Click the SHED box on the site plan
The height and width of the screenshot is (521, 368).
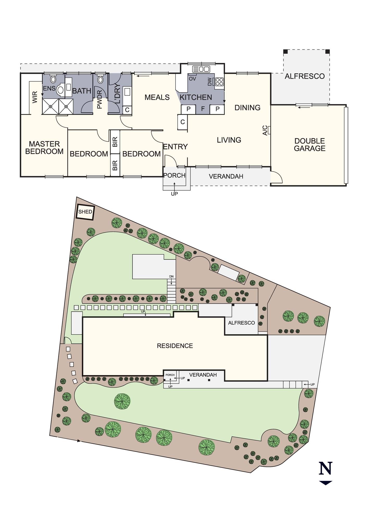coord(85,212)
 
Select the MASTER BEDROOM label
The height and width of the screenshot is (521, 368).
coord(44,148)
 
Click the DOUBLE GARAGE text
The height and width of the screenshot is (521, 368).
coord(310,145)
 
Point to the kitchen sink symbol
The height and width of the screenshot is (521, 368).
coord(201,69)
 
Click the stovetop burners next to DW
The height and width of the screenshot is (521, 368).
coord(219,82)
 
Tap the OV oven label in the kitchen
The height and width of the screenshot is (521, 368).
coord(192,79)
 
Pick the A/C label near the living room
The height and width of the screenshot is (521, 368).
coord(265,130)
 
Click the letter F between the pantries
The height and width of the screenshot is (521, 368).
coord(203,109)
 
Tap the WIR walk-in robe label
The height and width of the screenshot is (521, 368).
coord(35,97)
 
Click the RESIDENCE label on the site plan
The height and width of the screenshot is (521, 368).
coord(175,346)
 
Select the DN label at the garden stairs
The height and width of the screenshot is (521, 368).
coord(171,277)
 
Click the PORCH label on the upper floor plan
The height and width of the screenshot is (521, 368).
coord(174,176)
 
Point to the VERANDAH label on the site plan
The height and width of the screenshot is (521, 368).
coord(203,375)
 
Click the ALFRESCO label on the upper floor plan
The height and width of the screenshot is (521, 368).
coord(304,76)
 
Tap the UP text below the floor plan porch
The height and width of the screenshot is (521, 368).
coord(174,194)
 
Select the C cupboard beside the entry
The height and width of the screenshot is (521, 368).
coord(183,122)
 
